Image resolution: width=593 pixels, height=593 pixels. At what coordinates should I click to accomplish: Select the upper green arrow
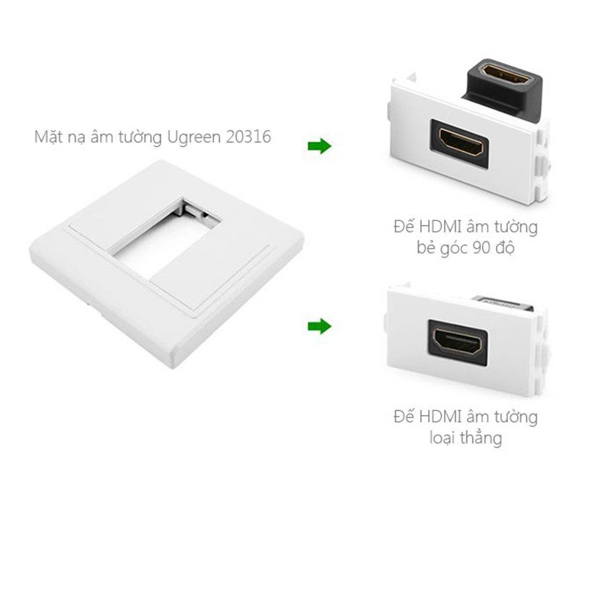pyautogui.click(x=319, y=147)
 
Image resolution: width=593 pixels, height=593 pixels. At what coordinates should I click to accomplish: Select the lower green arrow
pyautogui.click(x=319, y=327)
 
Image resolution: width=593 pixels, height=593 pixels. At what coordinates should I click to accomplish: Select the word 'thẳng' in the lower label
pyautogui.click(x=481, y=438)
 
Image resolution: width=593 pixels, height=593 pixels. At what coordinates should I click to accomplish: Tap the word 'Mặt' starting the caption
pyautogui.click(x=48, y=136)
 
